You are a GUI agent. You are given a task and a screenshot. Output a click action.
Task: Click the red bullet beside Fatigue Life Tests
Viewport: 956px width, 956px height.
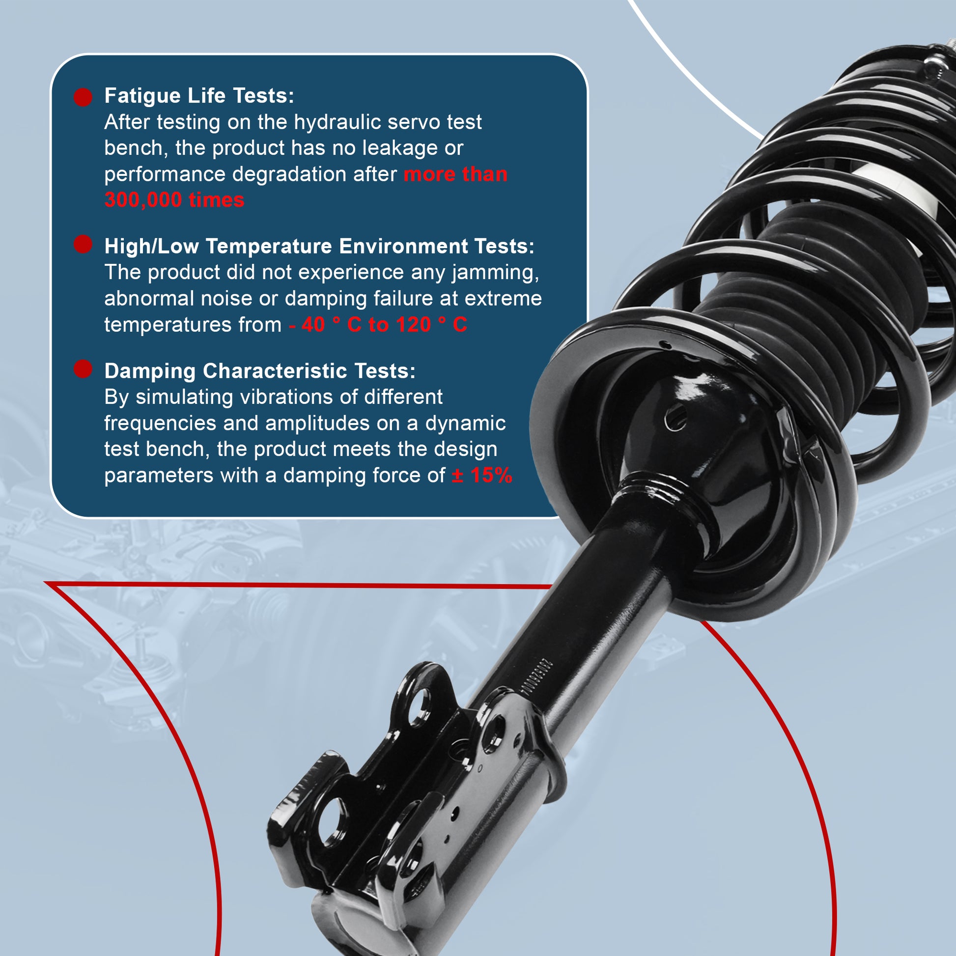[83, 97]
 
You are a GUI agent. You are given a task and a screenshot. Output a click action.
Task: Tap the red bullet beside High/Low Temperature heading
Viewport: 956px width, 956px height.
[83, 244]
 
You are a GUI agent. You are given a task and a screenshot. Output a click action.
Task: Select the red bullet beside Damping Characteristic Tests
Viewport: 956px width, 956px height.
[83, 369]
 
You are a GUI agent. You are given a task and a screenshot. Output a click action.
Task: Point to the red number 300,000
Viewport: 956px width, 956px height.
[143, 200]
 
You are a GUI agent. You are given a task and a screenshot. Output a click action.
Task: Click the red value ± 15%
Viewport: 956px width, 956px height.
[482, 476]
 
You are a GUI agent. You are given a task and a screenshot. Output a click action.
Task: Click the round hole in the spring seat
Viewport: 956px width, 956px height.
[676, 417]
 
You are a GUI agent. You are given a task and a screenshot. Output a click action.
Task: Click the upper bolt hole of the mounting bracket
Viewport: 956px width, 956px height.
[420, 707]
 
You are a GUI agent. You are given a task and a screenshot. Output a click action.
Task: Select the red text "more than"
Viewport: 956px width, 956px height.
[456, 175]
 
